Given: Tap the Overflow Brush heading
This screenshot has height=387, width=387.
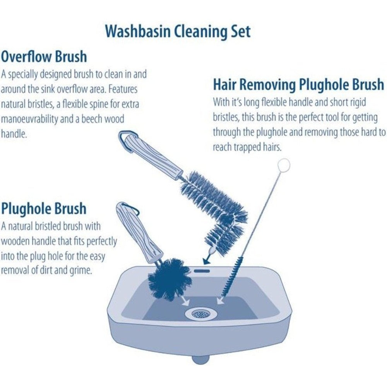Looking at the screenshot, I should tap(44, 57).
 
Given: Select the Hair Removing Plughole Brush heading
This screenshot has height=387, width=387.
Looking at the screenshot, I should tap(298, 84).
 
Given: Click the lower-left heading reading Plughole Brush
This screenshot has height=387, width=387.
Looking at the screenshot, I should tap(44, 209).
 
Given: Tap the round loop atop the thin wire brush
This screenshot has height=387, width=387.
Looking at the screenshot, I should tap(284, 165).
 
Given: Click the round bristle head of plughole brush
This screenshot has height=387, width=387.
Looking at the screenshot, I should tap(169, 279).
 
